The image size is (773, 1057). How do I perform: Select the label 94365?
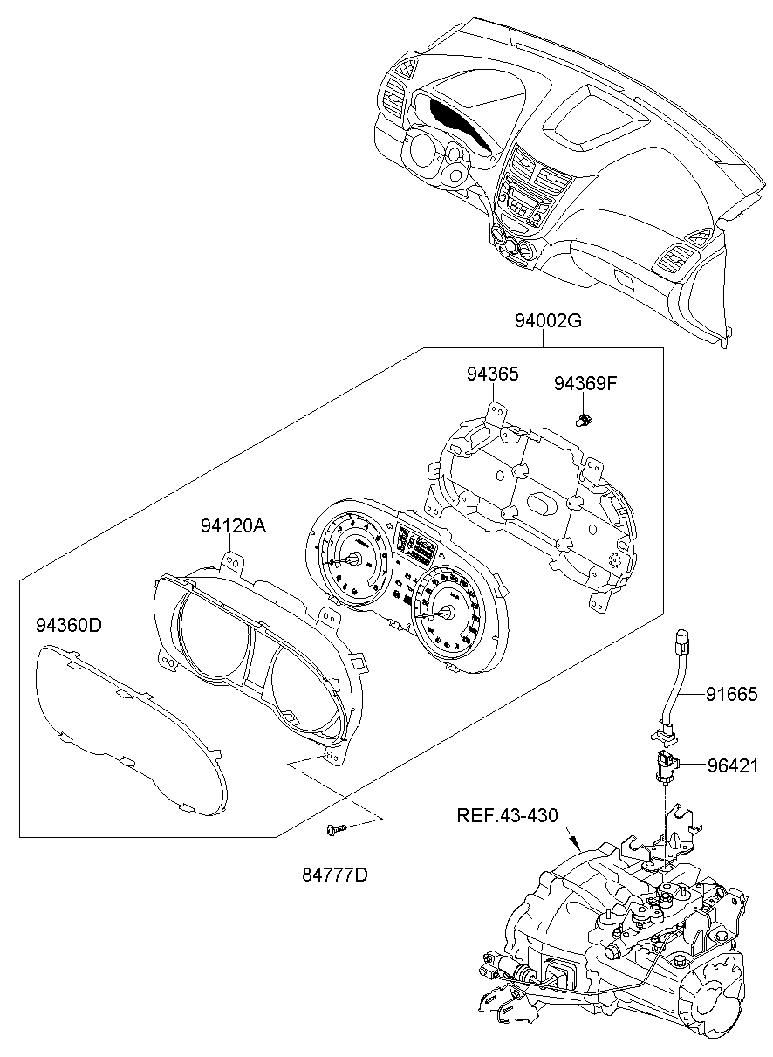pyautogui.click(x=492, y=375)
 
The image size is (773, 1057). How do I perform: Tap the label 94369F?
pyautogui.click(x=585, y=382)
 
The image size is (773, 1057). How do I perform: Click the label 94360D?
pyautogui.click(x=69, y=625)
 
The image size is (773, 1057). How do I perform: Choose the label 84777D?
pyautogui.click(x=336, y=872)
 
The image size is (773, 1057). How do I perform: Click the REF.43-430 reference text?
pyautogui.click(x=506, y=815)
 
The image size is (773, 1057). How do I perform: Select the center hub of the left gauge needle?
pyautogui.click(x=354, y=559)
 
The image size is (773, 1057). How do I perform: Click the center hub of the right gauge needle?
pyautogui.click(x=446, y=614)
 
